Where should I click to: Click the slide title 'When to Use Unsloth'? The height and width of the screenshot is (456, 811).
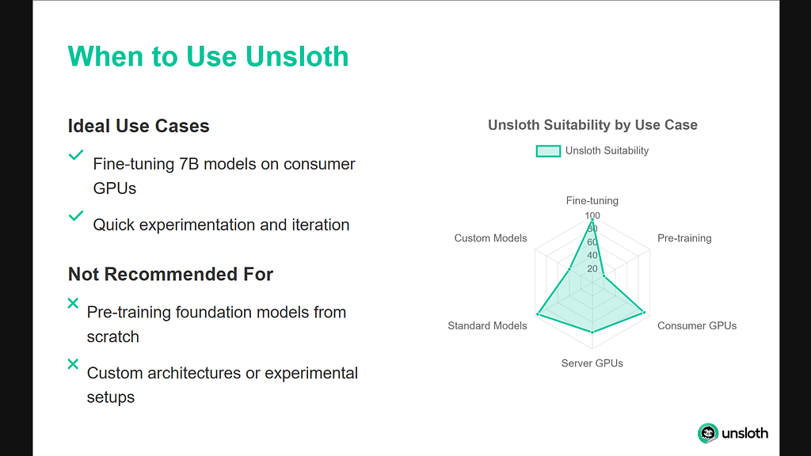click(x=208, y=56)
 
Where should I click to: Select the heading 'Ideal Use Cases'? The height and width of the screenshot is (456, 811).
click(x=139, y=126)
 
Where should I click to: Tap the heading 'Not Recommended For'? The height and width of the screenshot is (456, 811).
click(x=171, y=274)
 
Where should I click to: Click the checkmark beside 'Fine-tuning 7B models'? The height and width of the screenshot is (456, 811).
click(x=76, y=154)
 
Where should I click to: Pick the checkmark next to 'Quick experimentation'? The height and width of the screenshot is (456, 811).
click(x=76, y=215)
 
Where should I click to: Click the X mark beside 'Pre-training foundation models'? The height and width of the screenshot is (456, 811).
click(x=73, y=303)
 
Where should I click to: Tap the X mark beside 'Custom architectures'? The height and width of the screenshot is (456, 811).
click(x=73, y=364)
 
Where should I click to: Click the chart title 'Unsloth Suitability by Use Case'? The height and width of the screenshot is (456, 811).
click(x=592, y=125)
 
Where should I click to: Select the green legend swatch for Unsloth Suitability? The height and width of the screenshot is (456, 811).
click(x=548, y=151)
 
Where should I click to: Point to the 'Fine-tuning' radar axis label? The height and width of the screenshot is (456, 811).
click(x=592, y=200)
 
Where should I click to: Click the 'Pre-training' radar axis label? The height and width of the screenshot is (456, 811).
click(x=684, y=238)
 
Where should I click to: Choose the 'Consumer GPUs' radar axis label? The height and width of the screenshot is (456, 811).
click(x=697, y=325)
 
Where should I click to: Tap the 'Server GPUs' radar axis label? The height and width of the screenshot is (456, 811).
click(x=592, y=363)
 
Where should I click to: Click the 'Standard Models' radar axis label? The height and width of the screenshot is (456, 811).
click(x=487, y=325)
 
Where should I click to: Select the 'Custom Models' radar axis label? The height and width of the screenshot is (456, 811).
click(x=490, y=238)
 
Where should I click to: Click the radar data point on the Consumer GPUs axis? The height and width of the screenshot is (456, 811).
click(x=644, y=313)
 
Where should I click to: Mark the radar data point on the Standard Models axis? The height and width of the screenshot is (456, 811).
click(x=539, y=314)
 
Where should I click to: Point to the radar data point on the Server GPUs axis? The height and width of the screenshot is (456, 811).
click(x=592, y=332)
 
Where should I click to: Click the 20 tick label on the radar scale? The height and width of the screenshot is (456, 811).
click(x=592, y=269)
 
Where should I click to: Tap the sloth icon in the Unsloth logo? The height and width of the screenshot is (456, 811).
click(x=708, y=433)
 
